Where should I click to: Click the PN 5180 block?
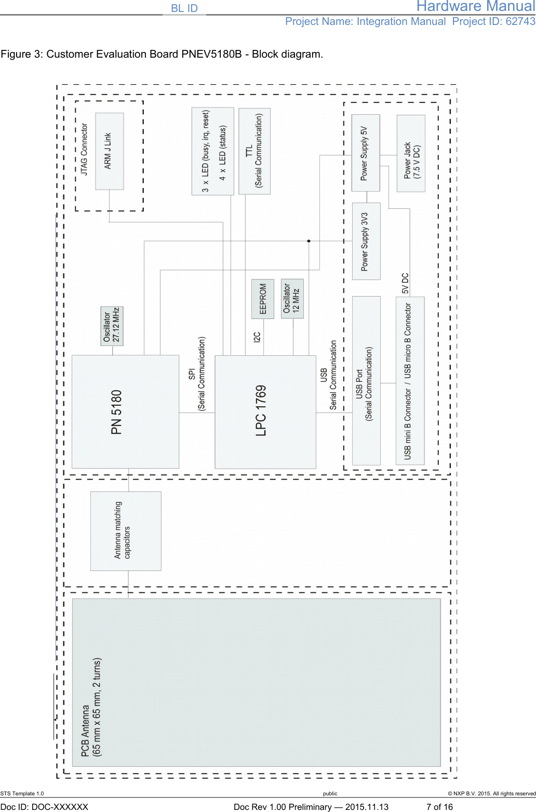(x=125, y=411)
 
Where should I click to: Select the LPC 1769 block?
(x=265, y=411)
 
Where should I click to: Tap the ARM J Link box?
(x=109, y=151)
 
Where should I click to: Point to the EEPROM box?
(x=262, y=298)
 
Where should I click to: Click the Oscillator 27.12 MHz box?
(x=112, y=326)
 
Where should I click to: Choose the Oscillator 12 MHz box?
(x=292, y=298)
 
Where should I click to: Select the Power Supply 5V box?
(x=366, y=153)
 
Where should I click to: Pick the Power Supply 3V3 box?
(x=366, y=241)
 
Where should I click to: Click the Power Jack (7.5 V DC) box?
(x=411, y=153)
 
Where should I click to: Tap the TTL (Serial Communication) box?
(x=254, y=151)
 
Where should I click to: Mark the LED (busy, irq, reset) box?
(x=213, y=151)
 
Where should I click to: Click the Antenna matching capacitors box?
(x=126, y=531)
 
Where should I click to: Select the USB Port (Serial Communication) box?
(x=366, y=380)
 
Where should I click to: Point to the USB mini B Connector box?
(x=410, y=380)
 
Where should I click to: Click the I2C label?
(x=257, y=337)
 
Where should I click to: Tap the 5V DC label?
(x=405, y=284)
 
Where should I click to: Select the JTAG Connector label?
(x=84, y=149)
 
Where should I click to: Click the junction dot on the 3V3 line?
(x=309, y=241)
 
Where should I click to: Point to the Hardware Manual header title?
(x=475, y=6)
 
